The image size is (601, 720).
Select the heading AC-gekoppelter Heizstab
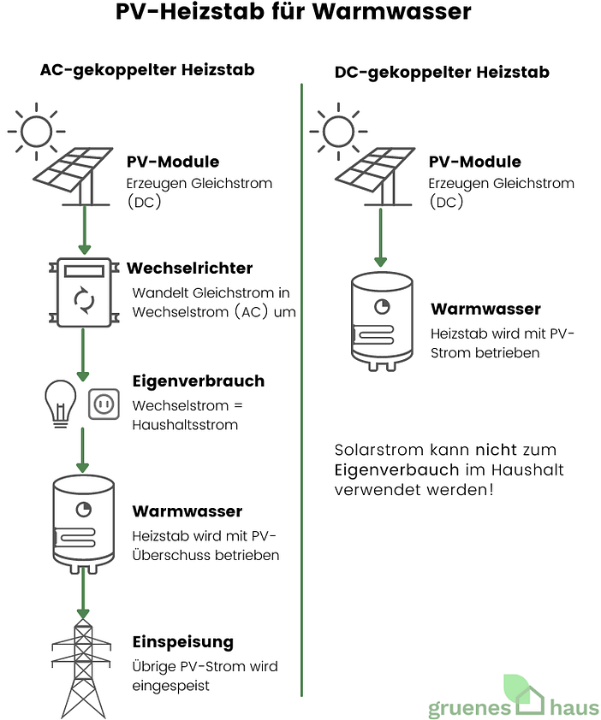click(147, 70)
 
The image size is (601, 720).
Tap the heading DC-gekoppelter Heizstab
click(442, 73)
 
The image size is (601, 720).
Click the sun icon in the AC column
click(37, 131)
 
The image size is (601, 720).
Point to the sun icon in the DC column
click(338, 131)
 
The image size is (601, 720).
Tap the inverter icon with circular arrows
click(83, 292)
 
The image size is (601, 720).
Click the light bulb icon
click(60, 402)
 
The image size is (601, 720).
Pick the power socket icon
click(104, 403)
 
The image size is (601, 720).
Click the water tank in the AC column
click(83, 523)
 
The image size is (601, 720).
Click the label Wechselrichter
click(189, 269)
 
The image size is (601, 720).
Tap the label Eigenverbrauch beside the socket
click(199, 381)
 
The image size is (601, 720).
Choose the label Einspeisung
click(183, 642)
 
